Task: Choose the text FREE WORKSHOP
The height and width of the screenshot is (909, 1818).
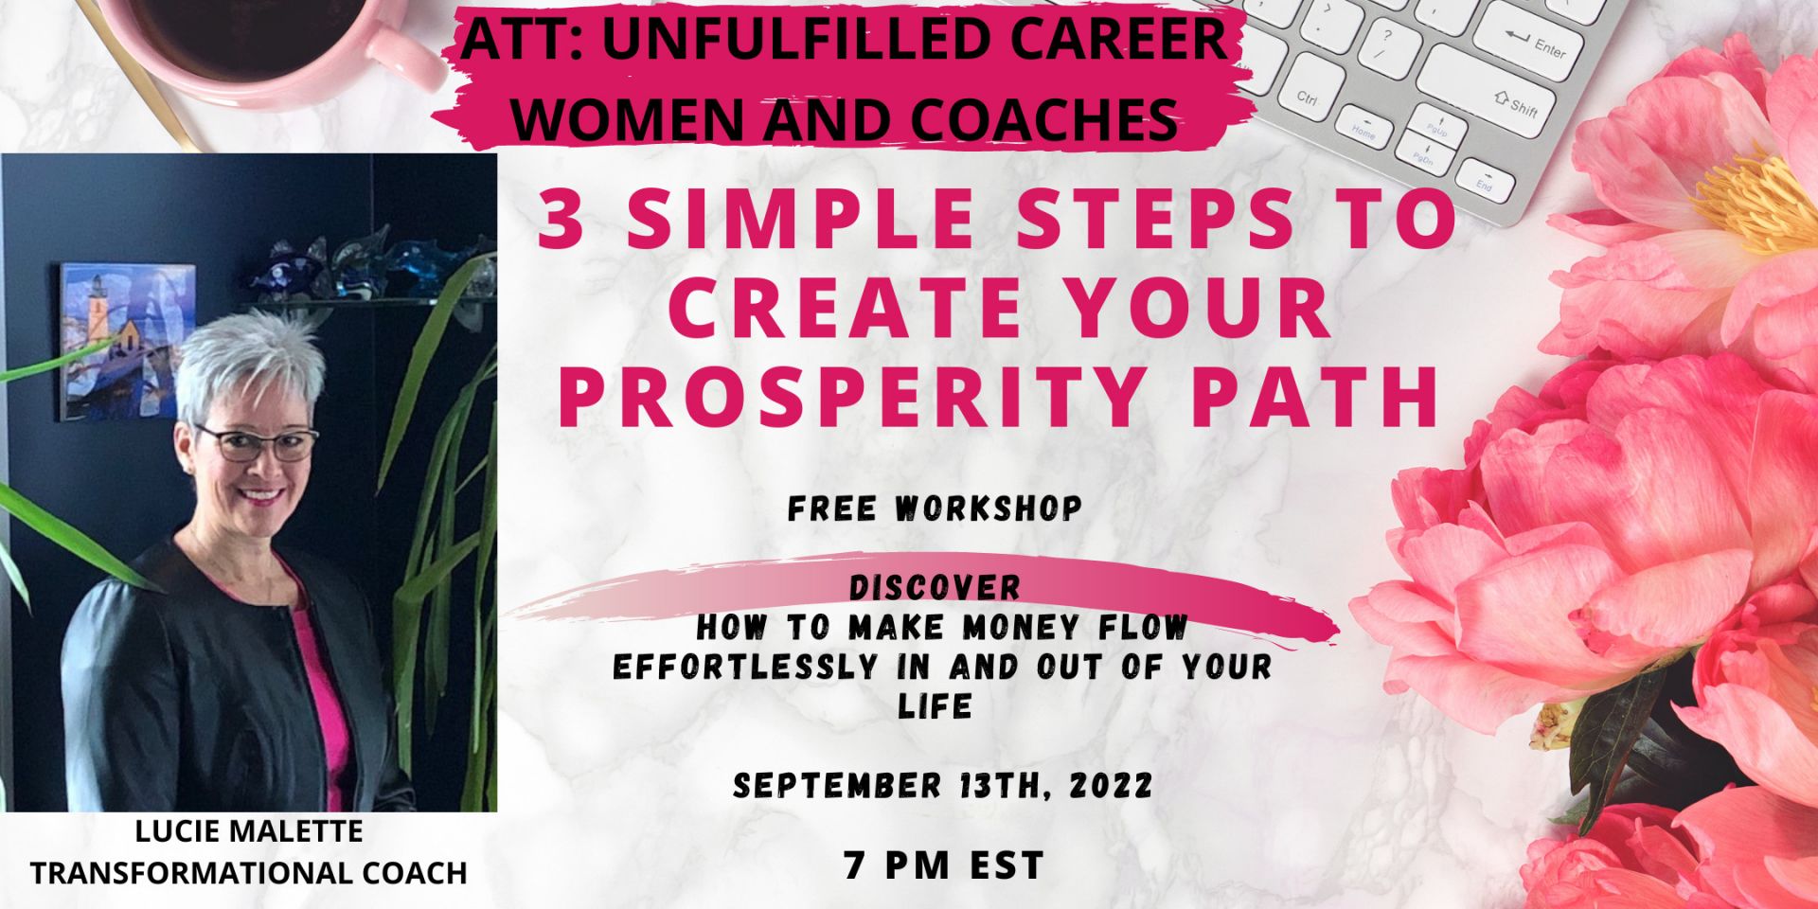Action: (x=935, y=508)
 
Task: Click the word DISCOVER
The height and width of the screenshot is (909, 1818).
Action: (x=935, y=588)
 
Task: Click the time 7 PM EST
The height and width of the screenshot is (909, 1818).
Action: (x=944, y=865)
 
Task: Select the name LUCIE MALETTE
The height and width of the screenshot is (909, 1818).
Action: (x=249, y=831)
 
